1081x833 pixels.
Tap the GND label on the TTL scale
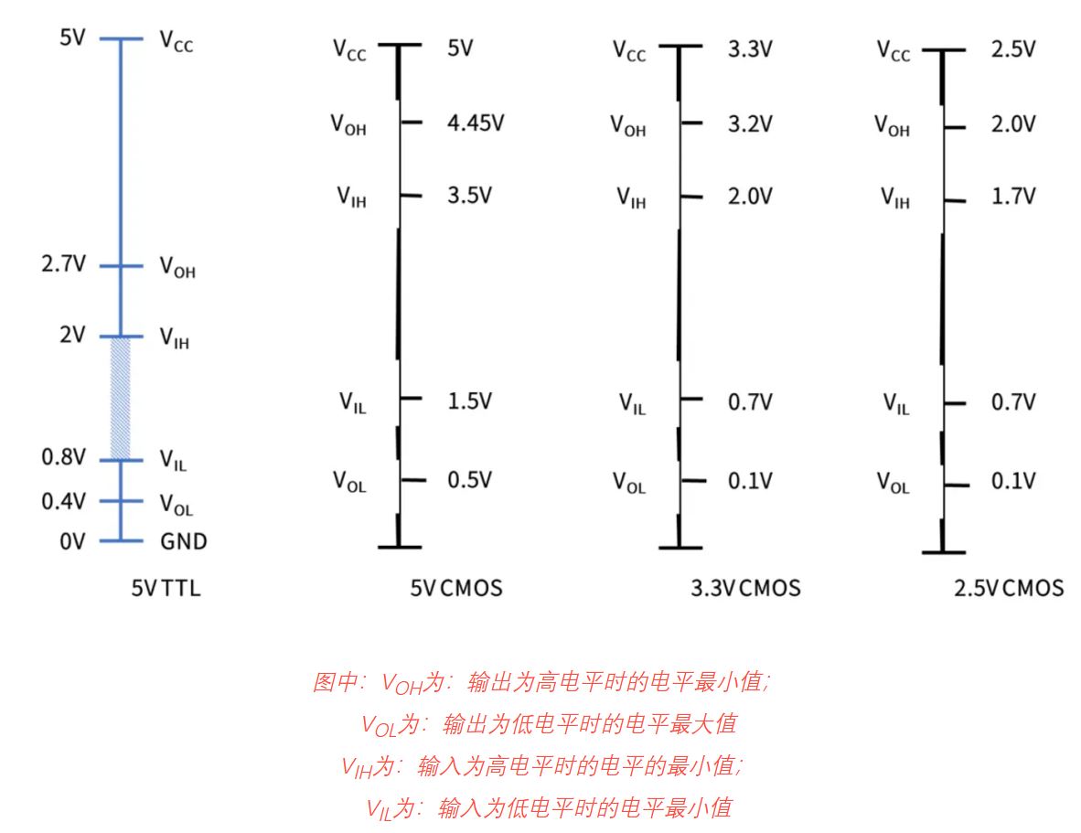(x=184, y=541)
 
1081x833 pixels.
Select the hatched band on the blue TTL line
(x=121, y=399)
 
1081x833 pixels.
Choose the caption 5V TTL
(x=166, y=588)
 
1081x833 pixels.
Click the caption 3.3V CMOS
(x=744, y=588)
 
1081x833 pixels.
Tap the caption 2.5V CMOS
(x=1009, y=588)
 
